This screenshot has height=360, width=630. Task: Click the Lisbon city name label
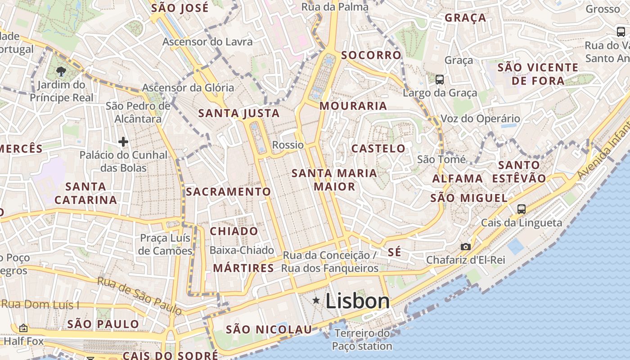[357, 301]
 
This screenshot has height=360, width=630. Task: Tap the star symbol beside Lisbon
[317, 300]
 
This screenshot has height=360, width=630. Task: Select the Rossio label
[288, 145]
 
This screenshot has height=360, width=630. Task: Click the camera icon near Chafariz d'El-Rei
[466, 247]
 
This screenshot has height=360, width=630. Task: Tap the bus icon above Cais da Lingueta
[522, 209]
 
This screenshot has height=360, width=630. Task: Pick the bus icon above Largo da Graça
[440, 80]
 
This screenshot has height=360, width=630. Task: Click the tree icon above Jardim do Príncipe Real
[61, 71]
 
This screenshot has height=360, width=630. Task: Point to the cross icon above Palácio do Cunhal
[123, 142]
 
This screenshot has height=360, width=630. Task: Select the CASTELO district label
[378, 148]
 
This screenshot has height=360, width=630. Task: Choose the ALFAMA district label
[458, 179]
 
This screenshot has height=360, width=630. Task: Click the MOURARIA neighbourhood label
[353, 106]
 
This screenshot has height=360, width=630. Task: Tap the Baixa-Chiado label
[242, 250]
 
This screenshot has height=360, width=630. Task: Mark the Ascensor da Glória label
[188, 88]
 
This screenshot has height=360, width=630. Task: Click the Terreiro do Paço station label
[362, 340]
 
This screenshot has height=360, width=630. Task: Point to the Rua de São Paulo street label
[139, 296]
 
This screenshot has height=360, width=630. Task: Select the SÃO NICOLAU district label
[269, 330]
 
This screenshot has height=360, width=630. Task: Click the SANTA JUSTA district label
[239, 113]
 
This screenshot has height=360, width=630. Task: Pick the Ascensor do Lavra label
[207, 42]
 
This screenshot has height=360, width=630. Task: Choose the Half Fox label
[22, 342]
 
